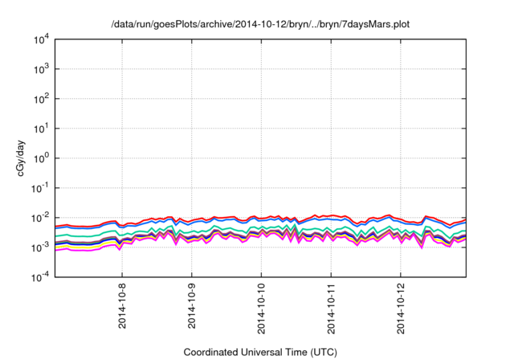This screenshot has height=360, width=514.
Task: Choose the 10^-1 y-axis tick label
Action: tap(43, 188)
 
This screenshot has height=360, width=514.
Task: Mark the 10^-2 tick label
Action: tap(43, 218)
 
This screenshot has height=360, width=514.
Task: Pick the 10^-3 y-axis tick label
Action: tap(43, 247)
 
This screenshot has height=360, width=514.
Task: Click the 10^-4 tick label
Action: tap(43, 277)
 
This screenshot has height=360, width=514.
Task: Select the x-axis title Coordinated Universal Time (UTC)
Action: tap(261, 352)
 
